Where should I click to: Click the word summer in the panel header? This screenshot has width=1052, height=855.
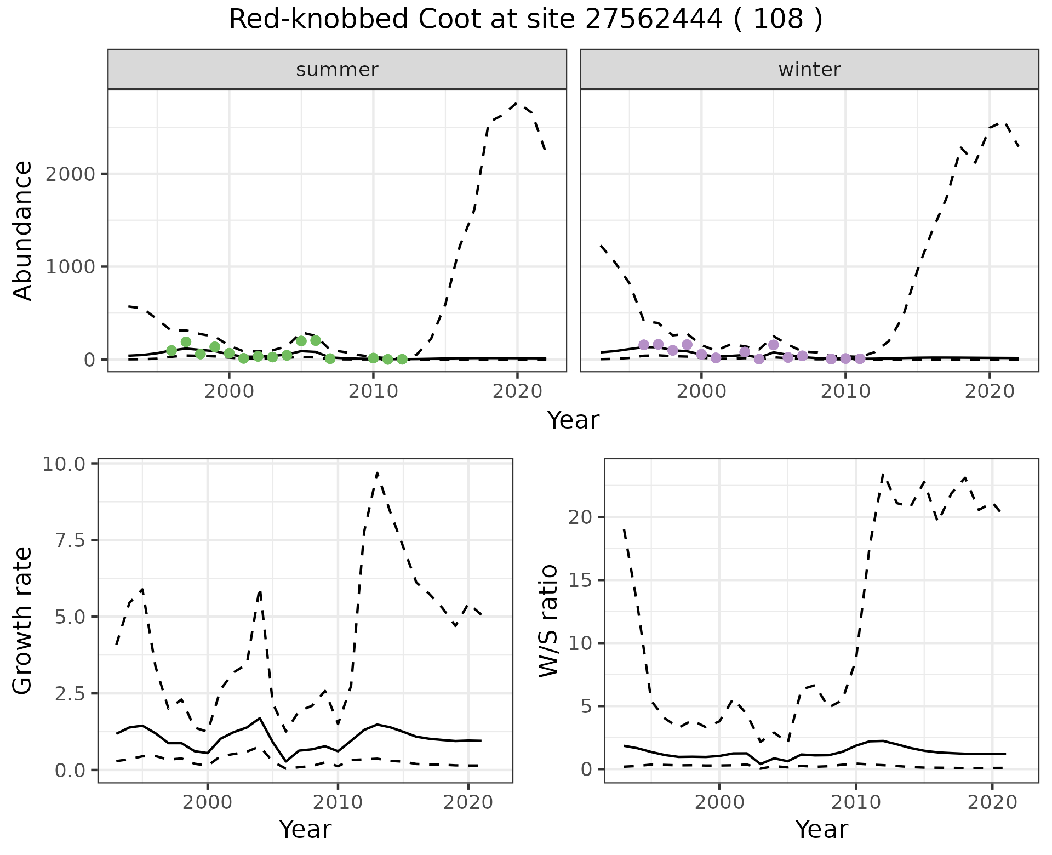point(337,70)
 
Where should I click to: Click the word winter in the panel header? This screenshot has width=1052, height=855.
point(809,70)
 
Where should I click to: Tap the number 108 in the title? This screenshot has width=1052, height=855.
point(778,20)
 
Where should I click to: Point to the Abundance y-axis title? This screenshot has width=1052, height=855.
point(23,230)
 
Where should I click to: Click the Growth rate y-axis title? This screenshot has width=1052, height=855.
point(23,621)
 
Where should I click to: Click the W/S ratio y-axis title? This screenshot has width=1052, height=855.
point(548,621)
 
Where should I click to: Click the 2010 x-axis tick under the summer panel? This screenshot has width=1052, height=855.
point(373,392)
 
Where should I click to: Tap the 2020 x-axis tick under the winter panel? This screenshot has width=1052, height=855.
point(989,392)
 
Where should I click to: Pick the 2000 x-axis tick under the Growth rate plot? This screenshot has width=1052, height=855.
point(207,803)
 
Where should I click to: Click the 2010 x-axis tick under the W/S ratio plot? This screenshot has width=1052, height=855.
point(855,803)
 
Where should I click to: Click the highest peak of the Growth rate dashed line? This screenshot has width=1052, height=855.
point(378,472)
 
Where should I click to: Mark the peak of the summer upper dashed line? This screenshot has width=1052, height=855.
point(517,102)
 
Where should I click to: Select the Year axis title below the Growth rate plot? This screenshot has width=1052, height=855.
point(305,830)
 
